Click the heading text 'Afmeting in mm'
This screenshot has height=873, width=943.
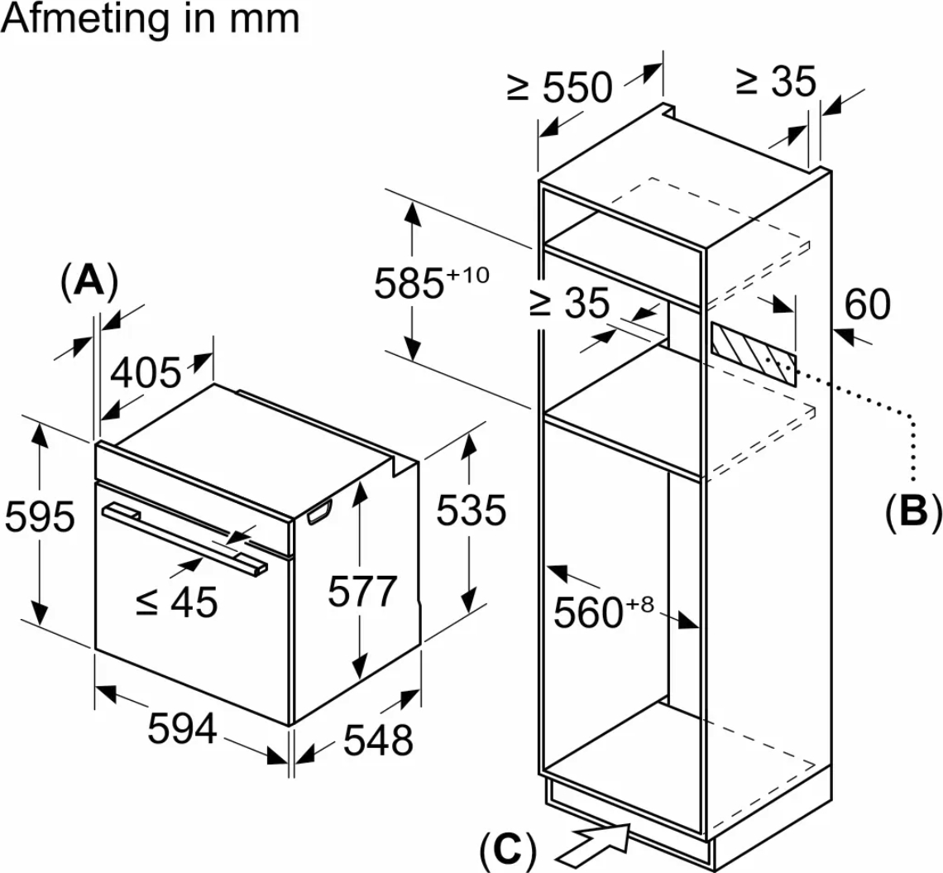coord(151,19)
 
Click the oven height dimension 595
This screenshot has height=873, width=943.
coord(41,516)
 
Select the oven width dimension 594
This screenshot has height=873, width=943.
coord(182,728)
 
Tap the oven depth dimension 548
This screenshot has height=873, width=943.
coord(378,740)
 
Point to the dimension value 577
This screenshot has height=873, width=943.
coord(362,592)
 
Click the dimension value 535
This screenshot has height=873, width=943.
coord(471,511)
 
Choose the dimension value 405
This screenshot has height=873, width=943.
coord(146,372)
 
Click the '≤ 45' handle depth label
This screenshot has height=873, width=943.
coord(176,602)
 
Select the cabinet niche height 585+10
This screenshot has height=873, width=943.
coord(432,281)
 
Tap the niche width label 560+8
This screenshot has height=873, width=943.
coord(603,611)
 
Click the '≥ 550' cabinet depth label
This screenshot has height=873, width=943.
coord(560,87)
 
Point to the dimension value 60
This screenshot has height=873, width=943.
coord(867,304)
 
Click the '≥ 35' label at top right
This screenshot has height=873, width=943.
coord(776,81)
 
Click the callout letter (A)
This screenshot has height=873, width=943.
coord(89,281)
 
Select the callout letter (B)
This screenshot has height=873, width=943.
coord(912,512)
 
